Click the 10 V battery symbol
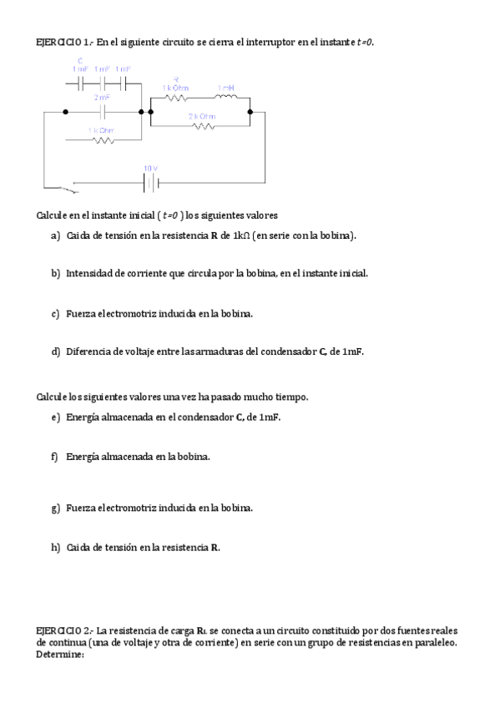point(150,180)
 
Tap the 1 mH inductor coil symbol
point(225,97)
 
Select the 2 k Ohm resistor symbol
point(203,127)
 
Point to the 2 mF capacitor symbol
point(102,110)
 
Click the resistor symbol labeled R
point(175,97)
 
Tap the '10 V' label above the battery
point(150,168)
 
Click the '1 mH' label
point(225,87)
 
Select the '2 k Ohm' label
point(202,116)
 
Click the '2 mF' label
point(101,99)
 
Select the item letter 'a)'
point(55,235)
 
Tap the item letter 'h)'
point(55,548)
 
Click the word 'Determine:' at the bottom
point(61,655)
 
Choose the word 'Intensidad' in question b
point(90,273)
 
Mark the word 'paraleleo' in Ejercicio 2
point(434,643)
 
